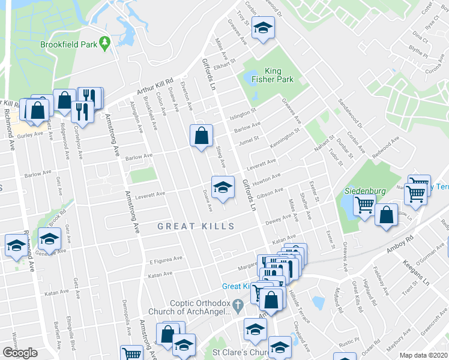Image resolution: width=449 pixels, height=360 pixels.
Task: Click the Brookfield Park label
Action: pyautogui.click(x=68, y=44)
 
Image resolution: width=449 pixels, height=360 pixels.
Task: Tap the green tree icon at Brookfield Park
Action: pyautogui.click(x=105, y=43)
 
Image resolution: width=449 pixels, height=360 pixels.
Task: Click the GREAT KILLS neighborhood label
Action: pyautogui.click(x=194, y=226)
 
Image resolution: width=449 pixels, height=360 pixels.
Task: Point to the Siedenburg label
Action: pyautogui.click(x=364, y=191)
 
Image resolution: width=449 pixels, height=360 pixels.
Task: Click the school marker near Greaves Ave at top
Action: pyautogui.click(x=262, y=29)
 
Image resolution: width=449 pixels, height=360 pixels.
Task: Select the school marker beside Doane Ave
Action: pyautogui.click(x=222, y=186)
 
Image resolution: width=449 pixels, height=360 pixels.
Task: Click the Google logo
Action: pyautogui.click(x=20, y=352)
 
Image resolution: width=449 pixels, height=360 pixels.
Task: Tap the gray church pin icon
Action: pyautogui.click(x=239, y=307)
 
